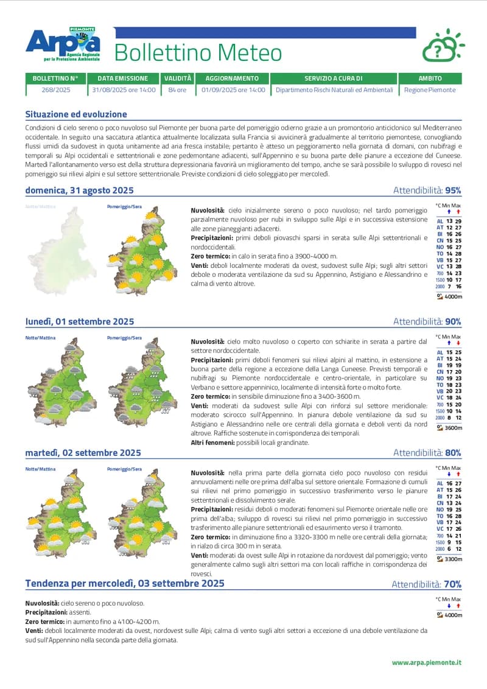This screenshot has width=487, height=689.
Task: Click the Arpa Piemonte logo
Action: click(63, 44)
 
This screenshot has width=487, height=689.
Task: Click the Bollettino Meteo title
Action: click(198, 53)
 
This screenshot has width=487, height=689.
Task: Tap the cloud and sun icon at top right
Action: click(443, 46)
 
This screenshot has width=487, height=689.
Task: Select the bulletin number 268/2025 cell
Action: click(55, 89)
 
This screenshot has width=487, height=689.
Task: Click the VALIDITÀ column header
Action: click(177, 79)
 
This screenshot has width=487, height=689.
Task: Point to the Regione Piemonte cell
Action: click(430, 89)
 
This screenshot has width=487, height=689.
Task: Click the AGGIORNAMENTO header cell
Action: click(232, 79)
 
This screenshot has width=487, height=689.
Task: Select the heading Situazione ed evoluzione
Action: click(76, 114)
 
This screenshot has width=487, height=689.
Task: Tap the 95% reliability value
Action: click(453, 191)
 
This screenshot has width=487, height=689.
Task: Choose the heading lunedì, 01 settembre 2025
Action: click(80, 321)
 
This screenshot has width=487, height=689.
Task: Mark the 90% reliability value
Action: click(453, 321)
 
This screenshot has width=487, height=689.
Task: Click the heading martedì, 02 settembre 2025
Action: click(83, 453)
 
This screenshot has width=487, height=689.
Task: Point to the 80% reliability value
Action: click(453, 453)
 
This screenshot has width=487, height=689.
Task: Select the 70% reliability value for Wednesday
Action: click(452, 584)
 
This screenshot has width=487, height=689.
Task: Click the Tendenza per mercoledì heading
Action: click(125, 583)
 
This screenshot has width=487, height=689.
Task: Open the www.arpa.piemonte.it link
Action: click(427, 662)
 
